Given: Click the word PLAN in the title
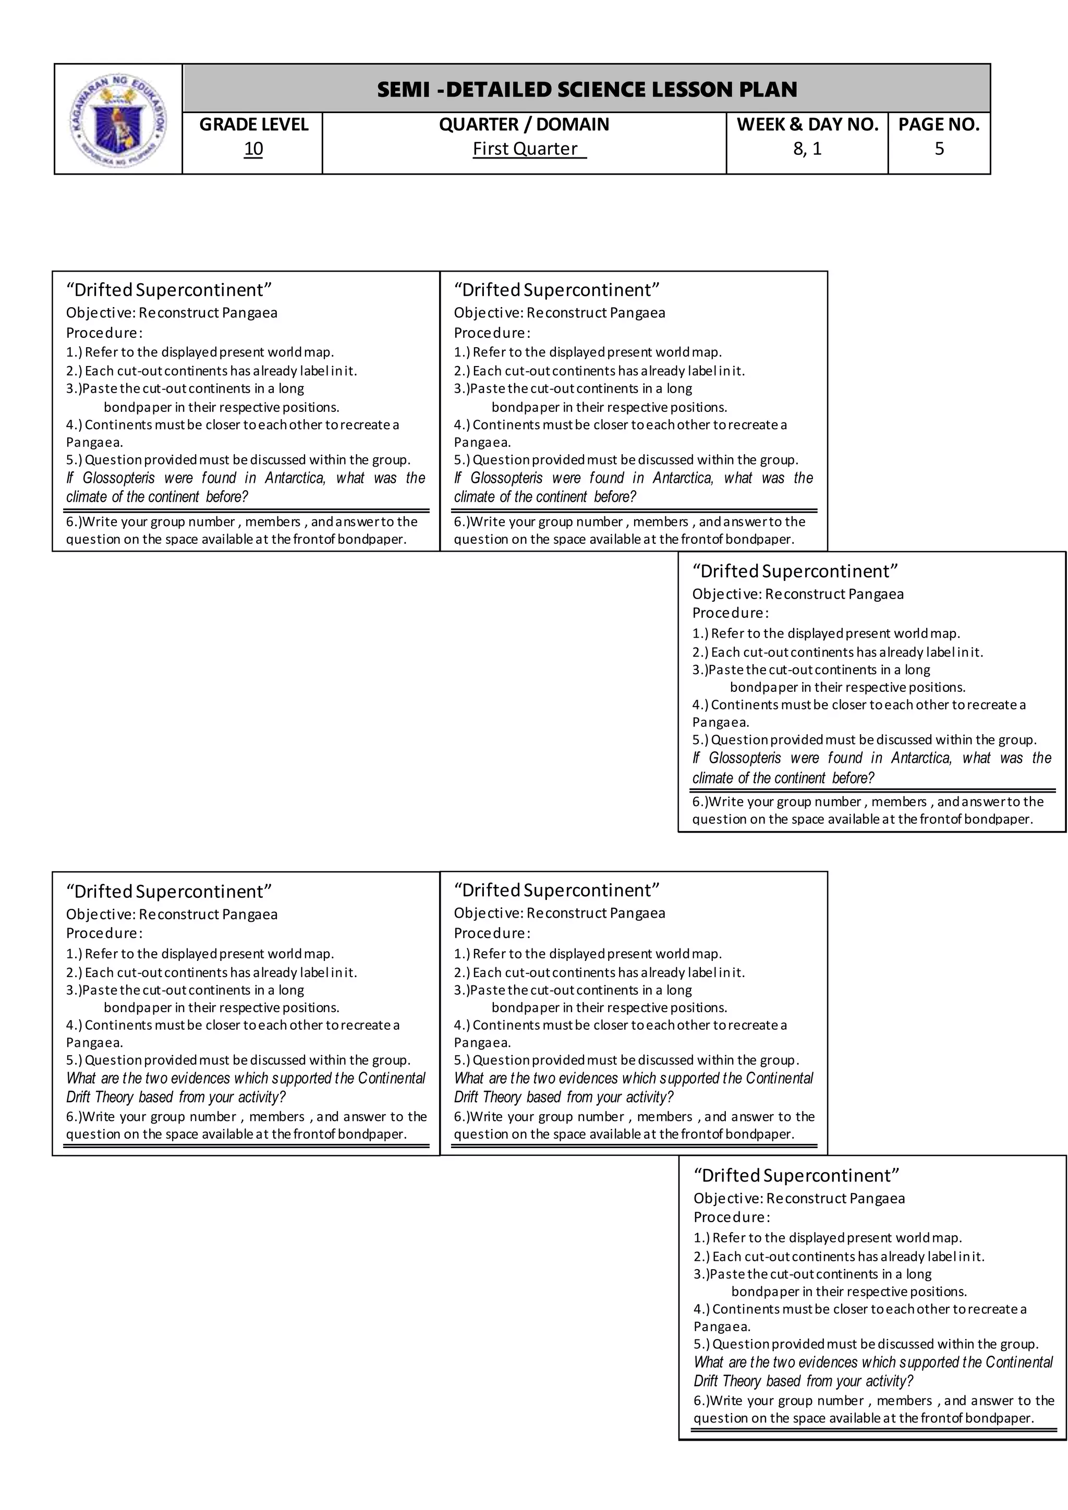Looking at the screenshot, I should coord(771,90).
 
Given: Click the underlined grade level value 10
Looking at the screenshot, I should coord(253,149).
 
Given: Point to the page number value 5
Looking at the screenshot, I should coord(939,149).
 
